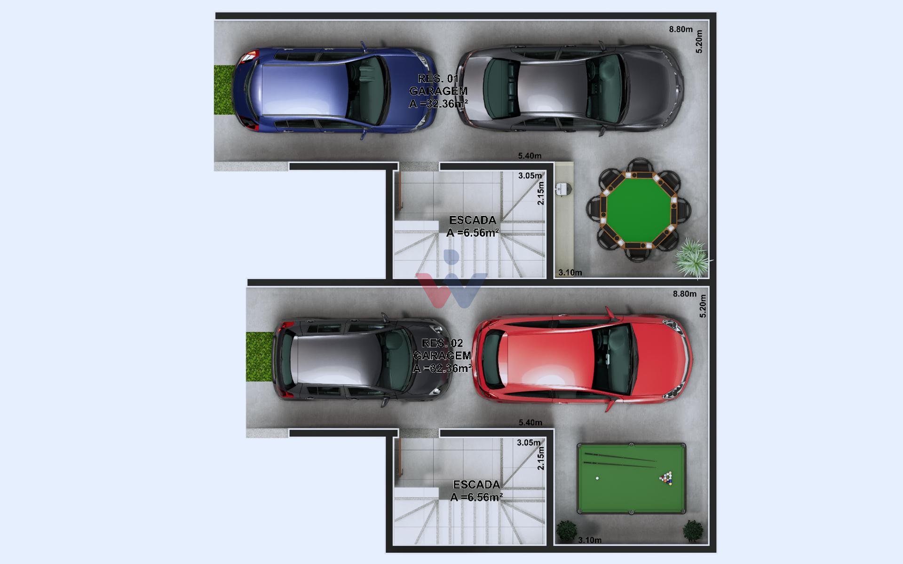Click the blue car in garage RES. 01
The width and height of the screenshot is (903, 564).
pyautogui.click(x=335, y=90)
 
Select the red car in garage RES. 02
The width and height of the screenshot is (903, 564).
pyautogui.click(x=582, y=359)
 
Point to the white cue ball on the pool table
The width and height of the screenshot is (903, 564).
pyautogui.click(x=597, y=478)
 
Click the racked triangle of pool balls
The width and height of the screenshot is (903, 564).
pyautogui.click(x=666, y=478)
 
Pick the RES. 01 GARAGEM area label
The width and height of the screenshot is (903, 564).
pyautogui.click(x=438, y=91)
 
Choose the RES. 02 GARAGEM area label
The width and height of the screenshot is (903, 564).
pyautogui.click(x=442, y=356)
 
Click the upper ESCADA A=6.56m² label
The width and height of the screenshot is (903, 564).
pyautogui.click(x=473, y=227)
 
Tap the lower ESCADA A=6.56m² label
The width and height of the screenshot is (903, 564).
pyautogui.click(x=476, y=491)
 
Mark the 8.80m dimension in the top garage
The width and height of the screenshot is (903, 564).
pyautogui.click(x=681, y=29)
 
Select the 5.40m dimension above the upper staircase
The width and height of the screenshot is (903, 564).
pyautogui.click(x=530, y=156)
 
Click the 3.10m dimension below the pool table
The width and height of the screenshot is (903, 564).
pyautogui.click(x=590, y=540)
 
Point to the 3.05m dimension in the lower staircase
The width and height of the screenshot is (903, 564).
pyautogui.click(x=529, y=443)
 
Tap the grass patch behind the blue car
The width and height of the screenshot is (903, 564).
pyautogui.click(x=224, y=90)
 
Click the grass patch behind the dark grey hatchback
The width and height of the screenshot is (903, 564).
pyautogui.click(x=260, y=356)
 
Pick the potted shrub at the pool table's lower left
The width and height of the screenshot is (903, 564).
pyautogui.click(x=566, y=531)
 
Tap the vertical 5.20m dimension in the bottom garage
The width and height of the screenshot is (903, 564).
pyautogui.click(x=703, y=306)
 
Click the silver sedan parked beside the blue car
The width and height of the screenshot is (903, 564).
pyautogui.click(x=570, y=89)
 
